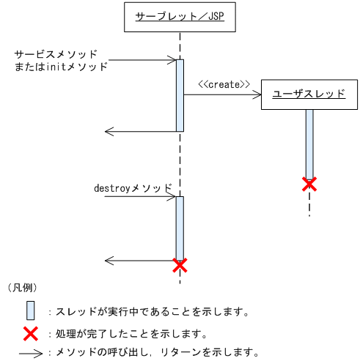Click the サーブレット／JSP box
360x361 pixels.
pos(179,17)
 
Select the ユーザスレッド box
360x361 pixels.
pos(309,94)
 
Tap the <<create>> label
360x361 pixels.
pos(224,84)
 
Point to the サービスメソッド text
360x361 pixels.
pos(56,55)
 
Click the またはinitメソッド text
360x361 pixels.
pos(61,67)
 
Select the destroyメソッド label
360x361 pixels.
pos(133,187)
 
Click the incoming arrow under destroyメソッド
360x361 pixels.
pos(139,196)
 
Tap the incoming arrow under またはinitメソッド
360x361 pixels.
pos(139,59)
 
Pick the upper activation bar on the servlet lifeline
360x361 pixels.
pos(180,95)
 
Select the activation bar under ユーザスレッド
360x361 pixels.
pos(309,143)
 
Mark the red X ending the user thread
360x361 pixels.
pos(309,184)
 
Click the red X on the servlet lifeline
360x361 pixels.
pos(180,264)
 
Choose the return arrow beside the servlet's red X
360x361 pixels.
pos(139,260)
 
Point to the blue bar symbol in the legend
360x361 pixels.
pos(30,310)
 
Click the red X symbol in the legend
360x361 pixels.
pos(30,334)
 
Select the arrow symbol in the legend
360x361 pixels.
pos(30,352)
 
